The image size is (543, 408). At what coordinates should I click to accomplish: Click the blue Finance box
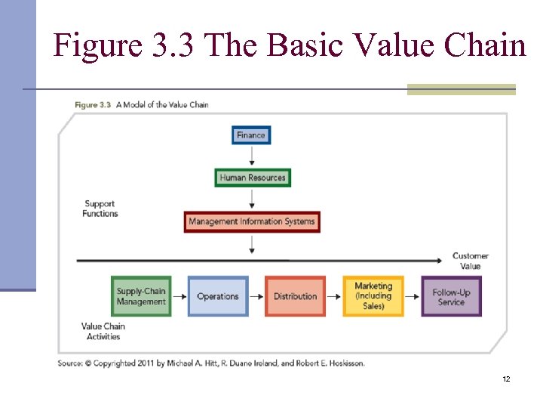251,135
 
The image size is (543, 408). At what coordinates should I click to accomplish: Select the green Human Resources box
252,178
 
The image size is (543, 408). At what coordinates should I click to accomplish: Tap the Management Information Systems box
252,221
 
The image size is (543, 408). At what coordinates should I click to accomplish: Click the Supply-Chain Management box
141,296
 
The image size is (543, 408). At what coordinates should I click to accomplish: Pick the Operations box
217,296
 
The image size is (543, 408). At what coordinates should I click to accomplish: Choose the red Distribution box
295,296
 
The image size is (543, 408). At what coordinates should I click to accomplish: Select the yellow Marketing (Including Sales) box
373,296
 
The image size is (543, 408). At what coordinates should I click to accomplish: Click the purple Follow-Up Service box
451,296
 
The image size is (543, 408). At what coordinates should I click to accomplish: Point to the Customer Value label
471,261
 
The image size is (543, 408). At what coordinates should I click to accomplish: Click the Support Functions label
100,209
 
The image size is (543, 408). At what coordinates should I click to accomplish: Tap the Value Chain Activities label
103,332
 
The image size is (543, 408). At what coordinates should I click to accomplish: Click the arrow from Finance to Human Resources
252,156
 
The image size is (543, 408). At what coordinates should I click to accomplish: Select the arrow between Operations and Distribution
256,296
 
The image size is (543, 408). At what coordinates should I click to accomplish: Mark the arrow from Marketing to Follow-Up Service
413,296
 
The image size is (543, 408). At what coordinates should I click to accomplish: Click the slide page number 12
506,379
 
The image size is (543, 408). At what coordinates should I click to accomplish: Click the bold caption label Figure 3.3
93,105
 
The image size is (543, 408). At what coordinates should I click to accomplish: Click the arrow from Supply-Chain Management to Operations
179,296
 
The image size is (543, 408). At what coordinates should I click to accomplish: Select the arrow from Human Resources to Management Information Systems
252,199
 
